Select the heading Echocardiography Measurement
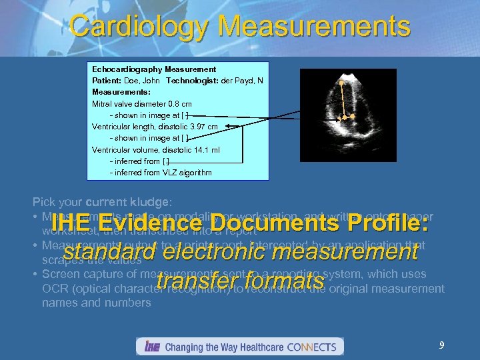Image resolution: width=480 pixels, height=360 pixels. [x=154, y=69]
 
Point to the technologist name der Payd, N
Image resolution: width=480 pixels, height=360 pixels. [x=241, y=80]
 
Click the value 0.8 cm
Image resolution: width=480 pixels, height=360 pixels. [x=180, y=103]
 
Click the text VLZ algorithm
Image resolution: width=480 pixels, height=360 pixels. [x=187, y=173]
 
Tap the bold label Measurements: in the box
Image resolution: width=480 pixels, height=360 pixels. [x=121, y=91]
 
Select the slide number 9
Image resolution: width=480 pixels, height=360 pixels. [x=441, y=345]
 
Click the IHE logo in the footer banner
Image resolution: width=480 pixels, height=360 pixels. [x=151, y=347]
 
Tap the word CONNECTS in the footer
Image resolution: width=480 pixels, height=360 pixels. [x=313, y=347]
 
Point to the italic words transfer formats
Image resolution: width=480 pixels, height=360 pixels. [x=239, y=283]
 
